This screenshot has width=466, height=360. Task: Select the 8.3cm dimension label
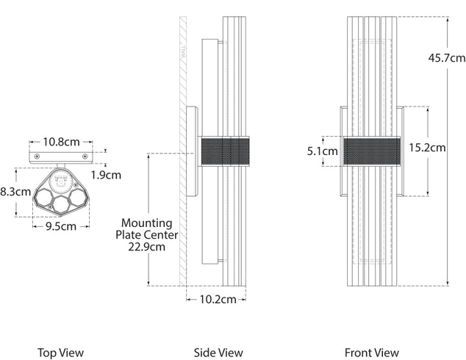point(15,192)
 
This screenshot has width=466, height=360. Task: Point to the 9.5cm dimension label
point(60,226)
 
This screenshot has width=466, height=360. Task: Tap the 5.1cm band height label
point(322,151)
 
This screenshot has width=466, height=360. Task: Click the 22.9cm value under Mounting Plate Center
point(147,247)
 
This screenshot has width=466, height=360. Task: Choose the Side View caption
point(218,353)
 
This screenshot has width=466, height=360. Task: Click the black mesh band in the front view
point(372,151)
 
